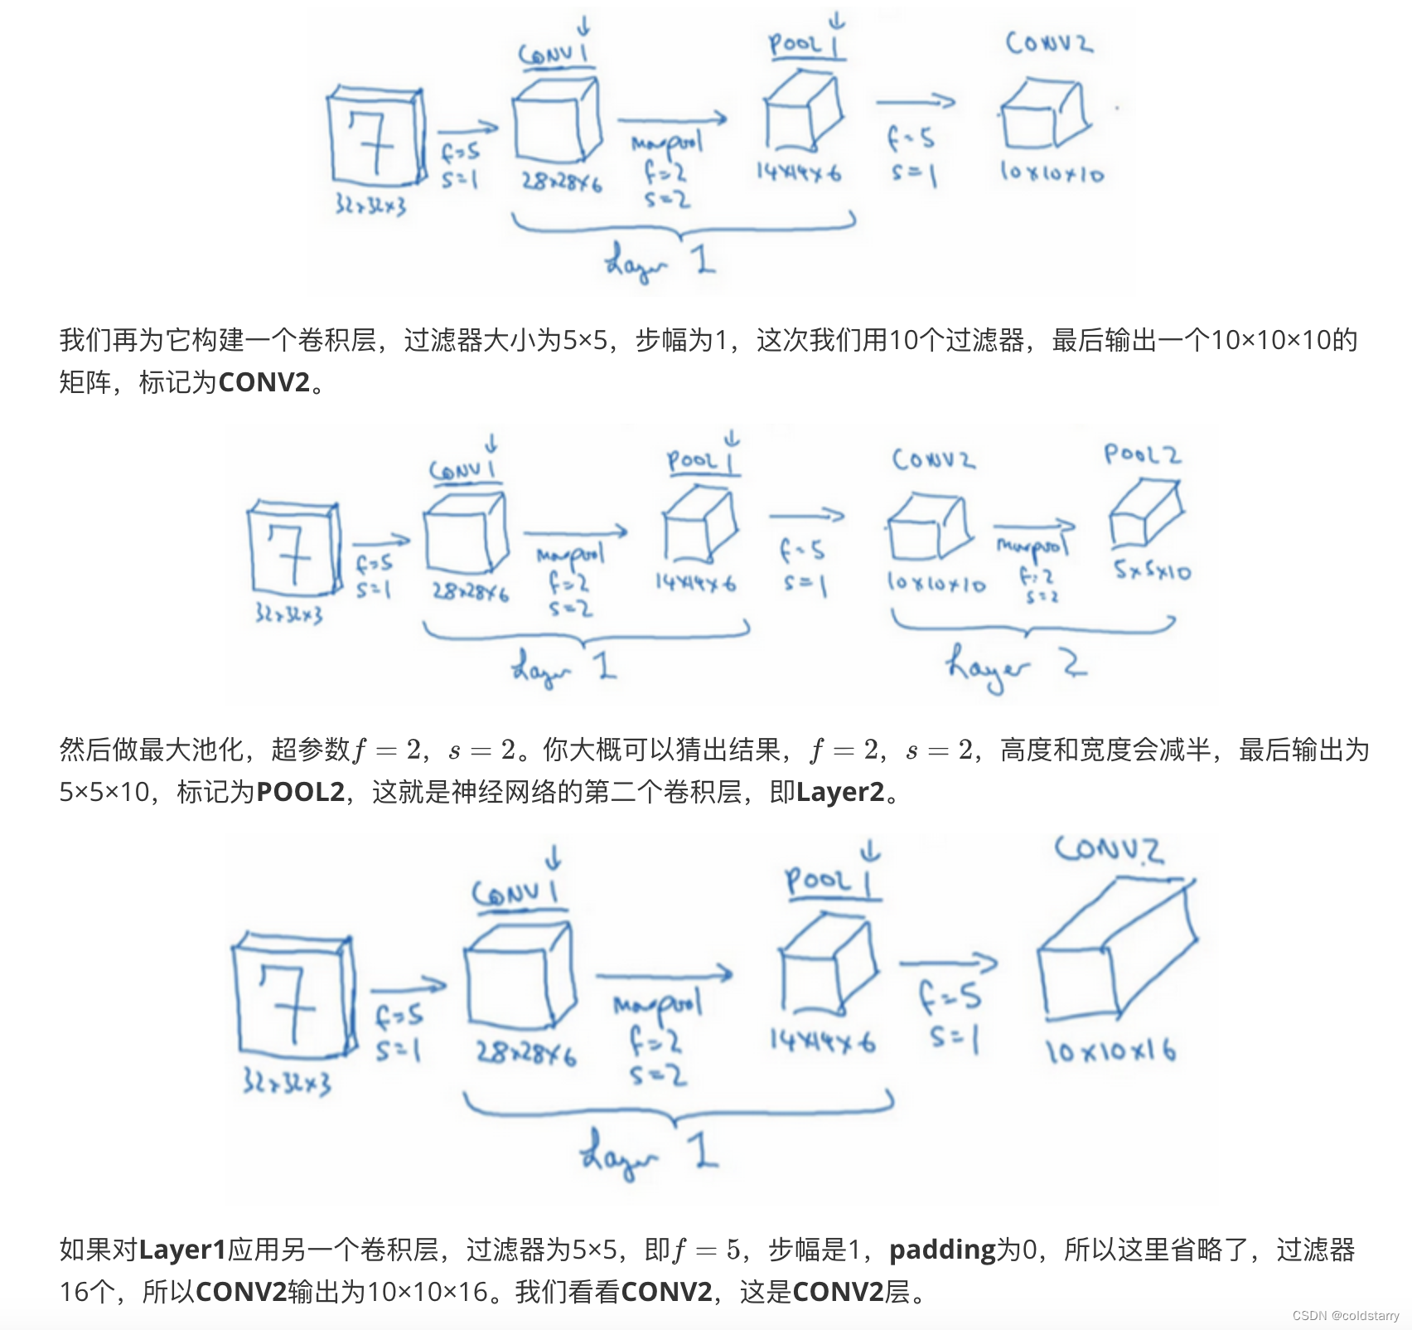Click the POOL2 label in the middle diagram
[x=1142, y=454]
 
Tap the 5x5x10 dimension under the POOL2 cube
[x=1152, y=570]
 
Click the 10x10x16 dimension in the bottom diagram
[x=1110, y=1051]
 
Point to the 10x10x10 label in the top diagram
[x=1052, y=172]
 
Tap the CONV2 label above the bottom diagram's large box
[x=1109, y=850]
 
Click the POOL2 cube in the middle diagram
[x=1145, y=514]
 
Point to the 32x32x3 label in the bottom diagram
[x=287, y=1082]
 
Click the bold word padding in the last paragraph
[x=942, y=1249]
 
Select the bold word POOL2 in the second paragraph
[x=300, y=792]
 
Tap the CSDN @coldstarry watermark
[x=1346, y=1316]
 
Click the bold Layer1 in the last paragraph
[x=182, y=1249]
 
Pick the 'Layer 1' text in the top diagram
[x=659, y=261]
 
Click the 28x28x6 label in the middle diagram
[x=470, y=592]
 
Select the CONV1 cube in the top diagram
[x=555, y=120]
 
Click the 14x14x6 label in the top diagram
[x=798, y=172]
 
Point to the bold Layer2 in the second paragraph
[x=840, y=792]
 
